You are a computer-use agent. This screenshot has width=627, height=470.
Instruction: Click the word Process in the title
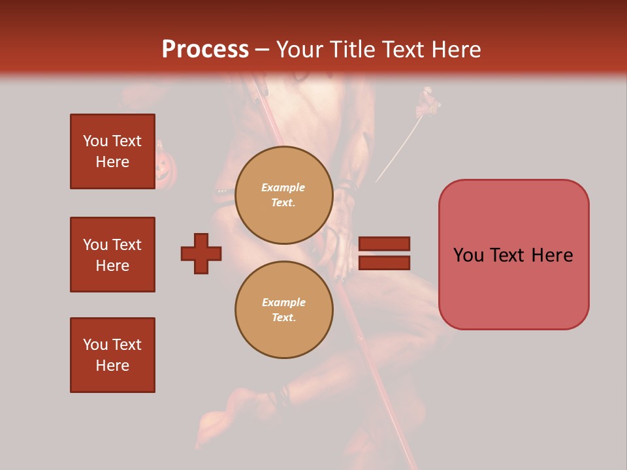205,50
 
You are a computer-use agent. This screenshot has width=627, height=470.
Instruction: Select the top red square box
112,151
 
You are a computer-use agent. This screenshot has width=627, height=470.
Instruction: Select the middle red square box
112,255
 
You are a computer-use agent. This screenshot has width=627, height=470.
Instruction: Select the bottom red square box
112,355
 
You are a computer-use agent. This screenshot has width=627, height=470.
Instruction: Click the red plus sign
201,253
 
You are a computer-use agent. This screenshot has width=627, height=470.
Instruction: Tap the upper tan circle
283,195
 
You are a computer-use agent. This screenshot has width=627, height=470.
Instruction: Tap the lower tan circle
283,309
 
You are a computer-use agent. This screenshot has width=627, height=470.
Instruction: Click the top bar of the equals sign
384,243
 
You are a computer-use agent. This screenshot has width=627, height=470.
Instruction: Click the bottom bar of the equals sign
384,262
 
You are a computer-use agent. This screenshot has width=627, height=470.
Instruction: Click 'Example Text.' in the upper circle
283,195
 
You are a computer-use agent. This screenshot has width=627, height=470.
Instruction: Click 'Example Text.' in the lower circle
283,310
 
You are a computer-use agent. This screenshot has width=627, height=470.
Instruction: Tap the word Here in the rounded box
552,255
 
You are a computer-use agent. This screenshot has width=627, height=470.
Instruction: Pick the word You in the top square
95,141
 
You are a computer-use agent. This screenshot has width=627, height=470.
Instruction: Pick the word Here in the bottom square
112,366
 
